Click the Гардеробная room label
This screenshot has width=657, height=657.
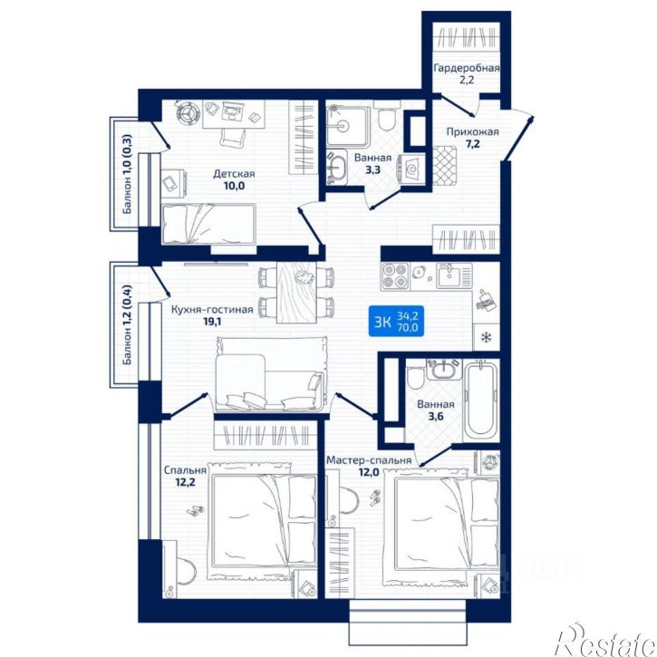[467, 68]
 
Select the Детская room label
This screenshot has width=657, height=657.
[234, 174]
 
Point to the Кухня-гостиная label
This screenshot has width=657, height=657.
[211, 308]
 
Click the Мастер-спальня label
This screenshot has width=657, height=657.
[370, 460]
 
